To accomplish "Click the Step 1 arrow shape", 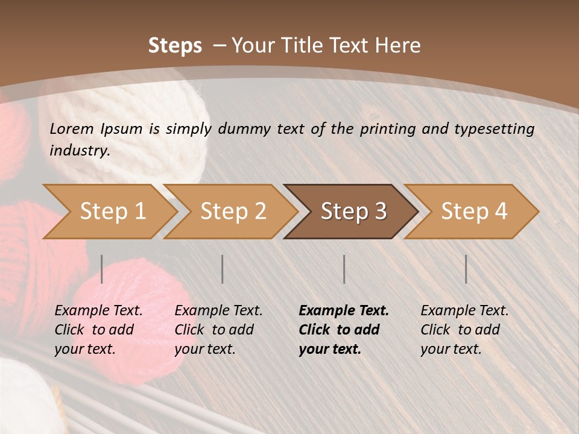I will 112,212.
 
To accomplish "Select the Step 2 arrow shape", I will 233,212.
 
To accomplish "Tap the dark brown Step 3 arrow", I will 353,212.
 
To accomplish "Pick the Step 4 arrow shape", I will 474,212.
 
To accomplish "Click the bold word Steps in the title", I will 175,46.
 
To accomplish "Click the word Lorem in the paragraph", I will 72,128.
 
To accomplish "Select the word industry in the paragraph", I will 79,150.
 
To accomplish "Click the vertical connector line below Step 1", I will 102,269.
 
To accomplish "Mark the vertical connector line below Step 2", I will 223,269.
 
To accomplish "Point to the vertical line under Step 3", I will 344,269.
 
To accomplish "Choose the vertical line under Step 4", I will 466,269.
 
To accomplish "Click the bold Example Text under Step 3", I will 344,311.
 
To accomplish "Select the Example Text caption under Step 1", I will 98,311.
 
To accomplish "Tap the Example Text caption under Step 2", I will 218,311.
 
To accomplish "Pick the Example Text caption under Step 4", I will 464,311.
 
